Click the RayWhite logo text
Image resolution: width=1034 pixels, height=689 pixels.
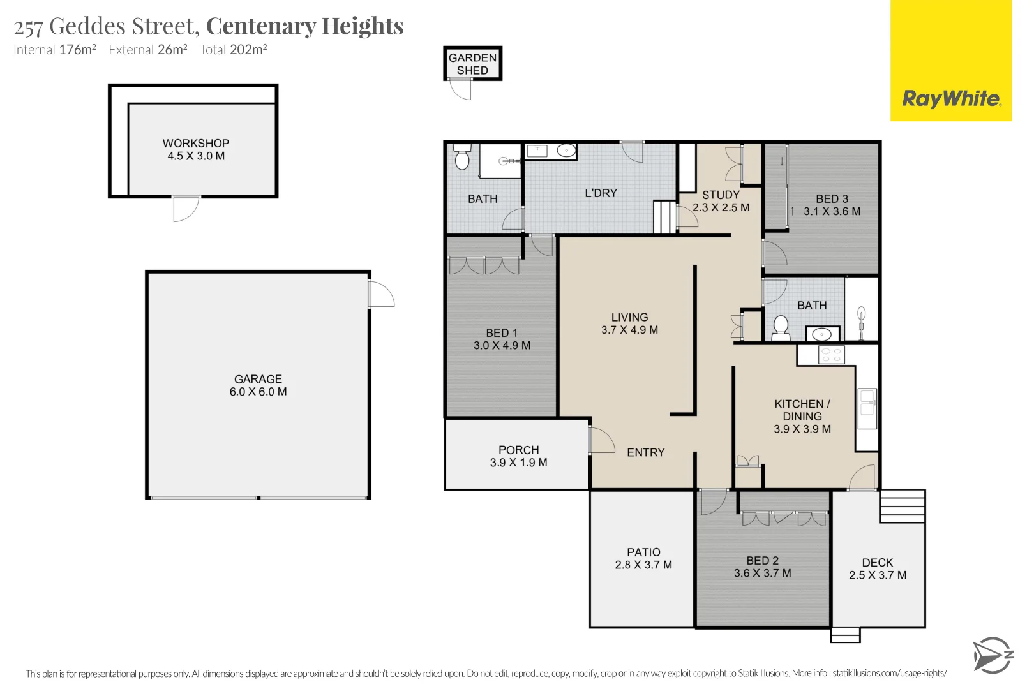(x=951, y=99)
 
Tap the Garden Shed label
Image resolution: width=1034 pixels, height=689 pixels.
(x=472, y=64)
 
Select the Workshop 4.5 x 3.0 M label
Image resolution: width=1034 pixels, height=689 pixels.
(x=195, y=150)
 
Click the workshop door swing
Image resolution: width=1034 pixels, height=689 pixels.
(x=185, y=209)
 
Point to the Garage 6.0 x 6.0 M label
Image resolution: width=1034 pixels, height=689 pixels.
(x=258, y=385)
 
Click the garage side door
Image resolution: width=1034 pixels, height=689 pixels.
(x=380, y=295)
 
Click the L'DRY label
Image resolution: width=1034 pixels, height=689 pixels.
(x=601, y=193)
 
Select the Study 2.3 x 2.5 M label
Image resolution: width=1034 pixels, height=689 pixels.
(x=721, y=201)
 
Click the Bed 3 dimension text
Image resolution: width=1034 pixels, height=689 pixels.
(x=832, y=211)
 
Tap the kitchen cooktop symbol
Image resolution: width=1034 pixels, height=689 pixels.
(x=831, y=355)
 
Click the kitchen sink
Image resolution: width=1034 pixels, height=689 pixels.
(x=867, y=408)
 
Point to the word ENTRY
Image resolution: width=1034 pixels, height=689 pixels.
(x=645, y=452)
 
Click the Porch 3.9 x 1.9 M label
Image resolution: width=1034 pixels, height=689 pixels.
(x=518, y=456)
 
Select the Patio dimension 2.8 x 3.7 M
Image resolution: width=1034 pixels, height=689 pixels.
(x=643, y=565)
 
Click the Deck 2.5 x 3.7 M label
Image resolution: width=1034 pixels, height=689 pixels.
(x=878, y=568)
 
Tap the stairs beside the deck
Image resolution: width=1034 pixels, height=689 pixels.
(x=902, y=507)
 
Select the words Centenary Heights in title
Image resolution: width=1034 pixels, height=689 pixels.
(x=304, y=26)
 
